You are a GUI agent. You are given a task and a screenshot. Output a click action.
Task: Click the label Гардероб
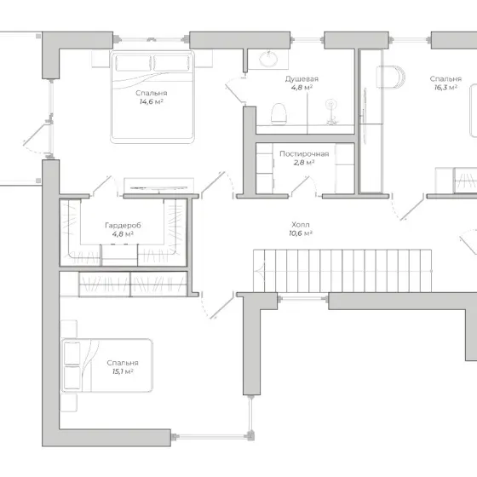click(x=123, y=226)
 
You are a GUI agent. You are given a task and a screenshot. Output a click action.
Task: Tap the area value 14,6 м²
click(x=152, y=101)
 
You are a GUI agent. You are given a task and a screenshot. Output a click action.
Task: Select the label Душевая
click(x=302, y=79)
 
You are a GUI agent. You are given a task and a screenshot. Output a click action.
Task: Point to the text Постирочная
click(x=304, y=154)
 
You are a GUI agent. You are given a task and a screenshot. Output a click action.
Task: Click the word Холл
click(x=301, y=225)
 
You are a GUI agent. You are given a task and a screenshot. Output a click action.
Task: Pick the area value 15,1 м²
click(x=123, y=371)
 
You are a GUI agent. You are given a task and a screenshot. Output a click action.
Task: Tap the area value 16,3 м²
click(x=445, y=88)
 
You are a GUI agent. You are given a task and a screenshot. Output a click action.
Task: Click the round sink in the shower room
click(x=268, y=59)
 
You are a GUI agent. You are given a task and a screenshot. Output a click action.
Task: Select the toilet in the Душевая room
click(x=279, y=114)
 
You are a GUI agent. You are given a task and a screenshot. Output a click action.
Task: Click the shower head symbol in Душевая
click(x=330, y=104)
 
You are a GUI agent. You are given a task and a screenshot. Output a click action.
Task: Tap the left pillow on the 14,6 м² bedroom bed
click(x=133, y=63)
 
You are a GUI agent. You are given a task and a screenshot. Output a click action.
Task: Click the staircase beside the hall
click(x=342, y=271)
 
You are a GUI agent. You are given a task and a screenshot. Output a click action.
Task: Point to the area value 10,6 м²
click(x=301, y=233)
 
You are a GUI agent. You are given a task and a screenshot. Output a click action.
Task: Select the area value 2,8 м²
click(x=304, y=163)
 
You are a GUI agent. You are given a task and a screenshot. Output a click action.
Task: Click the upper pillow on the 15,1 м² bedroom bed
click(x=72, y=353)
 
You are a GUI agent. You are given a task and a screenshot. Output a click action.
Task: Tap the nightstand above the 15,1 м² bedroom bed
click(x=68, y=329)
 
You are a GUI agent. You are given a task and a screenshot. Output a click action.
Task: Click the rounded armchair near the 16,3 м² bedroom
click(x=391, y=77)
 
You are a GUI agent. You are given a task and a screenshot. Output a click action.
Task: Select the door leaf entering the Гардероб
click(x=102, y=186)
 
